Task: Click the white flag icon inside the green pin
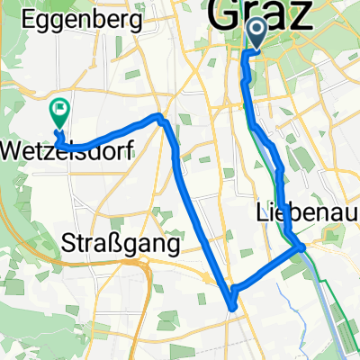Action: pyautogui.click(x=60, y=110)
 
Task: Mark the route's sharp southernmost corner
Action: pyautogui.click(x=233, y=307)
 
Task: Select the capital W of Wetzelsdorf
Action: pyautogui.click(x=13, y=148)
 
